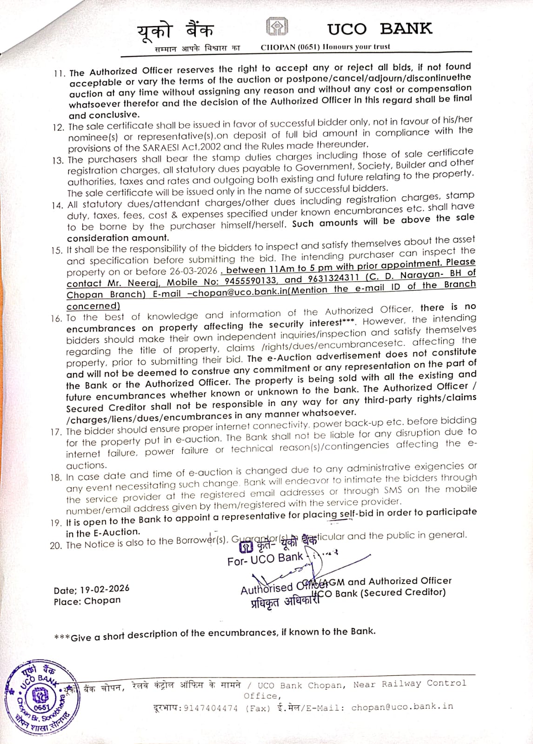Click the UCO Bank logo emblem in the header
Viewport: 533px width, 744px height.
click(277, 27)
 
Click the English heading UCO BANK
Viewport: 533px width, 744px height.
click(380, 29)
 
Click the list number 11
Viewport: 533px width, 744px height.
click(60, 73)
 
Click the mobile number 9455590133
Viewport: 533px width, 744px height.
click(251, 281)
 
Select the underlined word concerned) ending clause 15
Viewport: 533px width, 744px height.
click(93, 306)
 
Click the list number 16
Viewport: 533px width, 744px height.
click(57, 319)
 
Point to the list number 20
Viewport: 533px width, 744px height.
click(56, 545)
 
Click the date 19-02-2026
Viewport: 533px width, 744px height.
click(105, 589)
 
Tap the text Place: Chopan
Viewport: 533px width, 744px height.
click(87, 601)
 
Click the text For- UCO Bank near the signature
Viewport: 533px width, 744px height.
click(265, 559)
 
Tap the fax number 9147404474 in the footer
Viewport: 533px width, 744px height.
click(211, 708)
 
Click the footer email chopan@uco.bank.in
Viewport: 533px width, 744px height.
click(402, 707)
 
